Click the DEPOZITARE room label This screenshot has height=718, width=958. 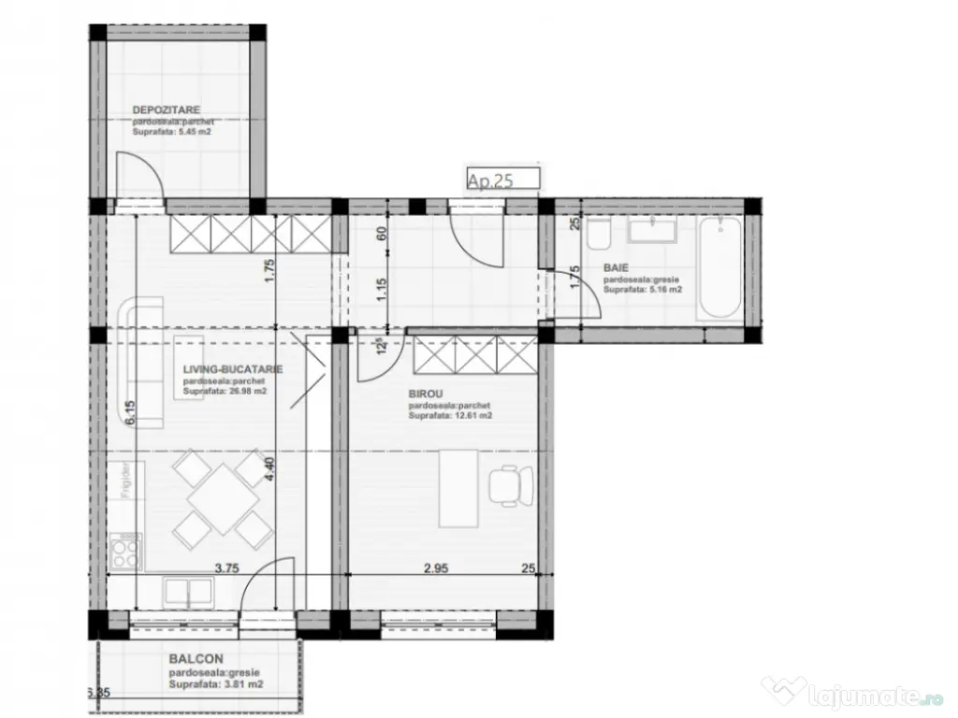pyautogui.click(x=167, y=109)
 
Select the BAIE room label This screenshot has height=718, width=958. pyautogui.click(x=616, y=267)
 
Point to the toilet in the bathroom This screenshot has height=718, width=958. pyautogui.click(x=599, y=235)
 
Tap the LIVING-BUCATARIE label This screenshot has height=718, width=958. pyautogui.click(x=233, y=369)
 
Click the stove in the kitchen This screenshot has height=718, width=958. pyautogui.click(x=125, y=552)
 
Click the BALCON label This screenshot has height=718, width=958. pyautogui.click(x=196, y=659)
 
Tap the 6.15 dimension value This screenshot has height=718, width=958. pyautogui.click(x=131, y=411)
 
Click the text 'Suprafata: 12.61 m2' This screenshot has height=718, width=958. pyautogui.click(x=450, y=416)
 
